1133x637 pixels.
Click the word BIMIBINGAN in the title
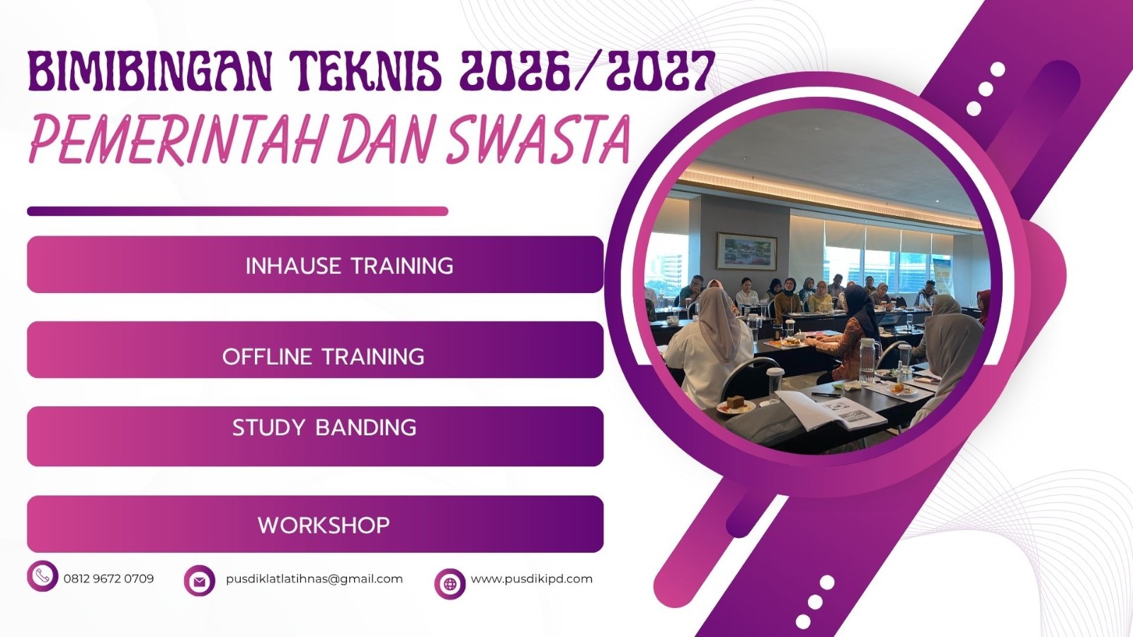click(x=149, y=71)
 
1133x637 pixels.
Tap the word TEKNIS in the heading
click(x=366, y=71)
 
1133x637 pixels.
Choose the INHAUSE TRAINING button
click(x=315, y=265)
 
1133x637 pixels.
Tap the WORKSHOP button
click(x=315, y=524)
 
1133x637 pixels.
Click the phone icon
click(x=42, y=576)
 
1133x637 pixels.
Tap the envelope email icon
click(x=200, y=581)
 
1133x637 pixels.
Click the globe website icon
click(x=450, y=584)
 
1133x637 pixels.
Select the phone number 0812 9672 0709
click(x=108, y=578)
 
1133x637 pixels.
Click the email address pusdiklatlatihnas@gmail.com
click(x=314, y=578)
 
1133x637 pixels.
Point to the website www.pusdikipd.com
click(x=531, y=578)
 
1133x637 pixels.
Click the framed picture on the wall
click(x=746, y=251)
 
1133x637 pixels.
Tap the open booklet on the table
click(x=833, y=411)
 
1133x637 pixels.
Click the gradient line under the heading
click(x=237, y=211)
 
